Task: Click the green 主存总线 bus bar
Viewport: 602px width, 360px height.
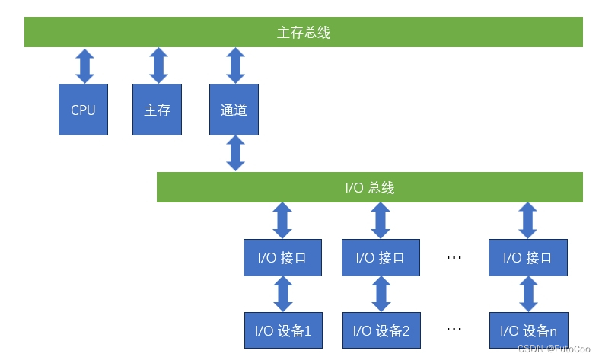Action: click(303, 33)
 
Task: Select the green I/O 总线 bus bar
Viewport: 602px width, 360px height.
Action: click(369, 187)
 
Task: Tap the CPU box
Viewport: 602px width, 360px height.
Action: click(84, 110)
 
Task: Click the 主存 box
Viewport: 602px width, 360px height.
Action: click(157, 110)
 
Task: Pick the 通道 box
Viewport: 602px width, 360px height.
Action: click(234, 110)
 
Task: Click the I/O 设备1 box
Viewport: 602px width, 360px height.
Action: click(283, 331)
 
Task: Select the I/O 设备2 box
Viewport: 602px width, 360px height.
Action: click(381, 331)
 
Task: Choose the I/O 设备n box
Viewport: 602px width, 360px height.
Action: click(528, 331)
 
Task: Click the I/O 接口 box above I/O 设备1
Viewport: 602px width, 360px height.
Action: click(283, 257)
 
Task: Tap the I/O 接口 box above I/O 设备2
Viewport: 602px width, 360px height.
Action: click(381, 257)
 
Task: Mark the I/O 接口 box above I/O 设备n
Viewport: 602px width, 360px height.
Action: click(527, 257)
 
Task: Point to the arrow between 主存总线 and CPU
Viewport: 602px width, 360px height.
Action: click(84, 65)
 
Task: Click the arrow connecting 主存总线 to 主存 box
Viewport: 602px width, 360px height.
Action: click(158, 65)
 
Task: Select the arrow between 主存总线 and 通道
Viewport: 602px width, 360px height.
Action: click(236, 65)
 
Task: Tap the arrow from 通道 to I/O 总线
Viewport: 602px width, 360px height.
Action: click(236, 154)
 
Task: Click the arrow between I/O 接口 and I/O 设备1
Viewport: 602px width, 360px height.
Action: click(283, 294)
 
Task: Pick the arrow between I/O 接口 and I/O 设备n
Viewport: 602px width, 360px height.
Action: click(527, 294)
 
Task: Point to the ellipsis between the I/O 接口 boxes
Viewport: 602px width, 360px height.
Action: click(454, 257)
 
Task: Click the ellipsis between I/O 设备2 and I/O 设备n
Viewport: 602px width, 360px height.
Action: click(454, 330)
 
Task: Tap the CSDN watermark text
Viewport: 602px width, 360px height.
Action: click(553, 348)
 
